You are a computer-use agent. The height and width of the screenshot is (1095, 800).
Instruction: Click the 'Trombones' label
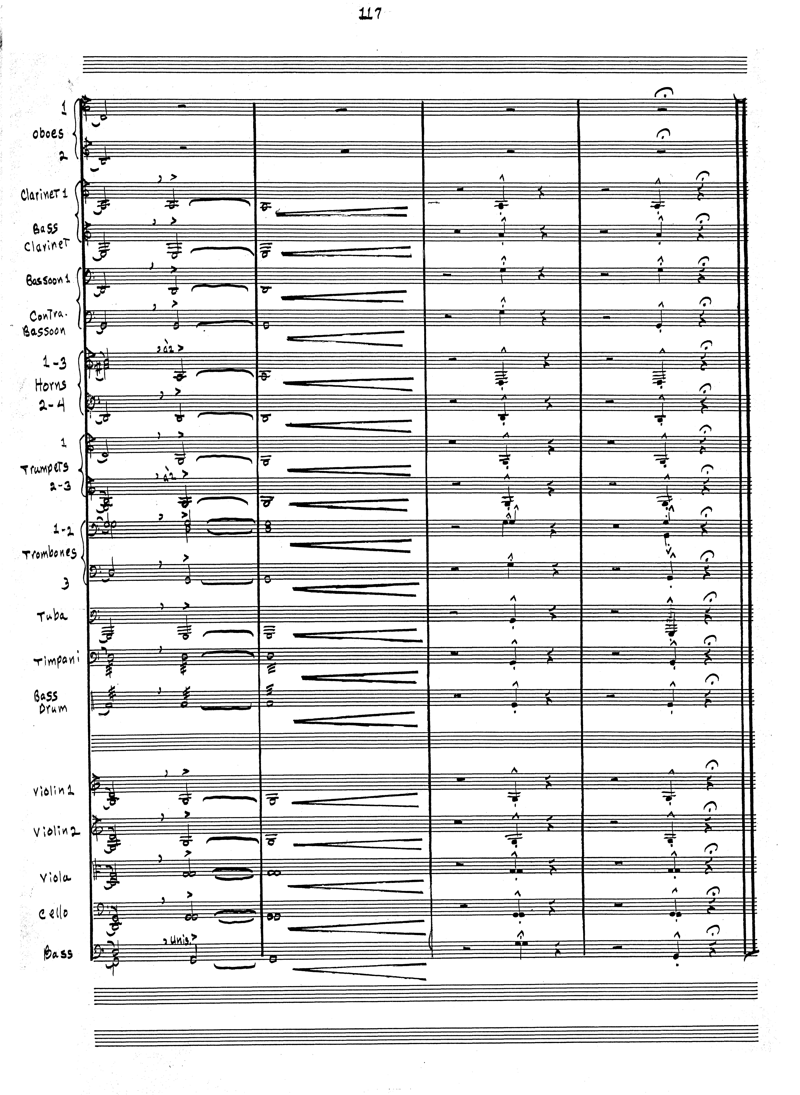pyautogui.click(x=50, y=553)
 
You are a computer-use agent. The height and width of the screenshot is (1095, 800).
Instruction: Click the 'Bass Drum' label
pyautogui.click(x=51, y=702)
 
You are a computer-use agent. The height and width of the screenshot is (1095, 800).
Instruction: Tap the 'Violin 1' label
pyautogui.click(x=53, y=792)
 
